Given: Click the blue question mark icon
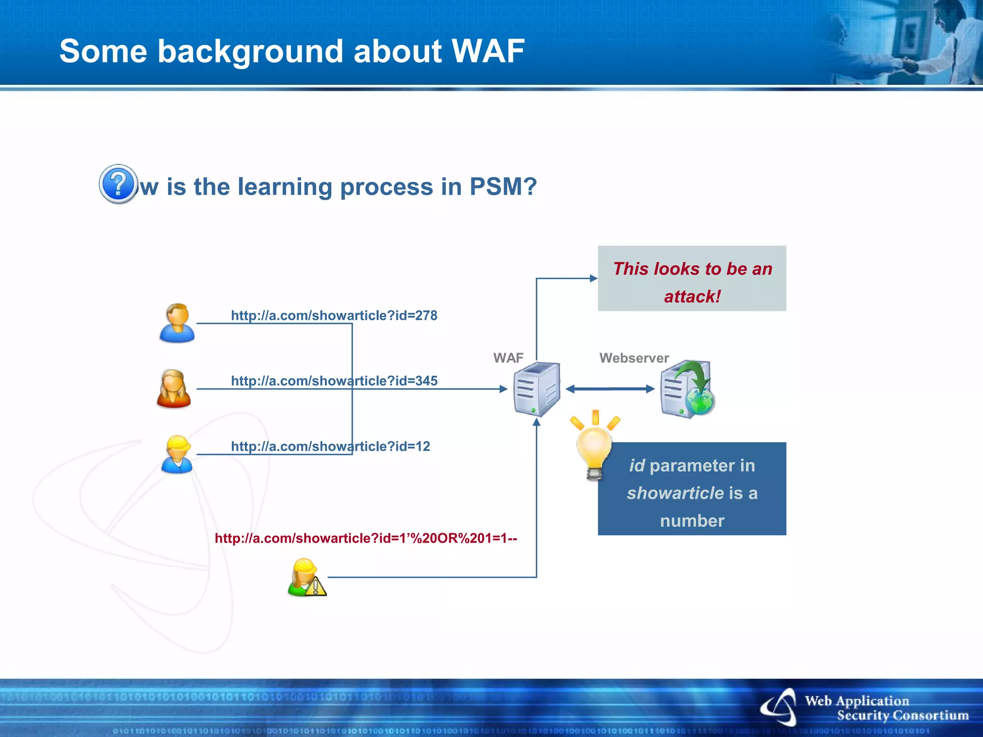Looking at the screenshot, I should click(x=118, y=184).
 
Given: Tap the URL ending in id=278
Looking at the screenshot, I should click(x=334, y=316).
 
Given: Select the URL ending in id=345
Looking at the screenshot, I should click(x=334, y=381).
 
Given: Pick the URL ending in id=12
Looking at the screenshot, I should click(x=330, y=447).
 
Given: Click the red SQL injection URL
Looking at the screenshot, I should click(x=366, y=538).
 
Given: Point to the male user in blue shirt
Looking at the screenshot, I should click(x=177, y=323).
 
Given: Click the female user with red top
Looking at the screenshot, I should click(x=174, y=389).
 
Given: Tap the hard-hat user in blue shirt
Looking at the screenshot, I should click(x=177, y=454).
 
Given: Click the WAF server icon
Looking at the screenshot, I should click(x=537, y=389).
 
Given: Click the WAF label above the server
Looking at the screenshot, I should click(x=508, y=358).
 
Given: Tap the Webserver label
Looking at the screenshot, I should click(x=634, y=358).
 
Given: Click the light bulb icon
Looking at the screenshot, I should click(x=594, y=446).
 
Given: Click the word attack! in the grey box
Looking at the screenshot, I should click(x=692, y=297).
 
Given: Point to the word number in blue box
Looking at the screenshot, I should click(x=692, y=521).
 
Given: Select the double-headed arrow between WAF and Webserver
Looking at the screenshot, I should click(x=610, y=389).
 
